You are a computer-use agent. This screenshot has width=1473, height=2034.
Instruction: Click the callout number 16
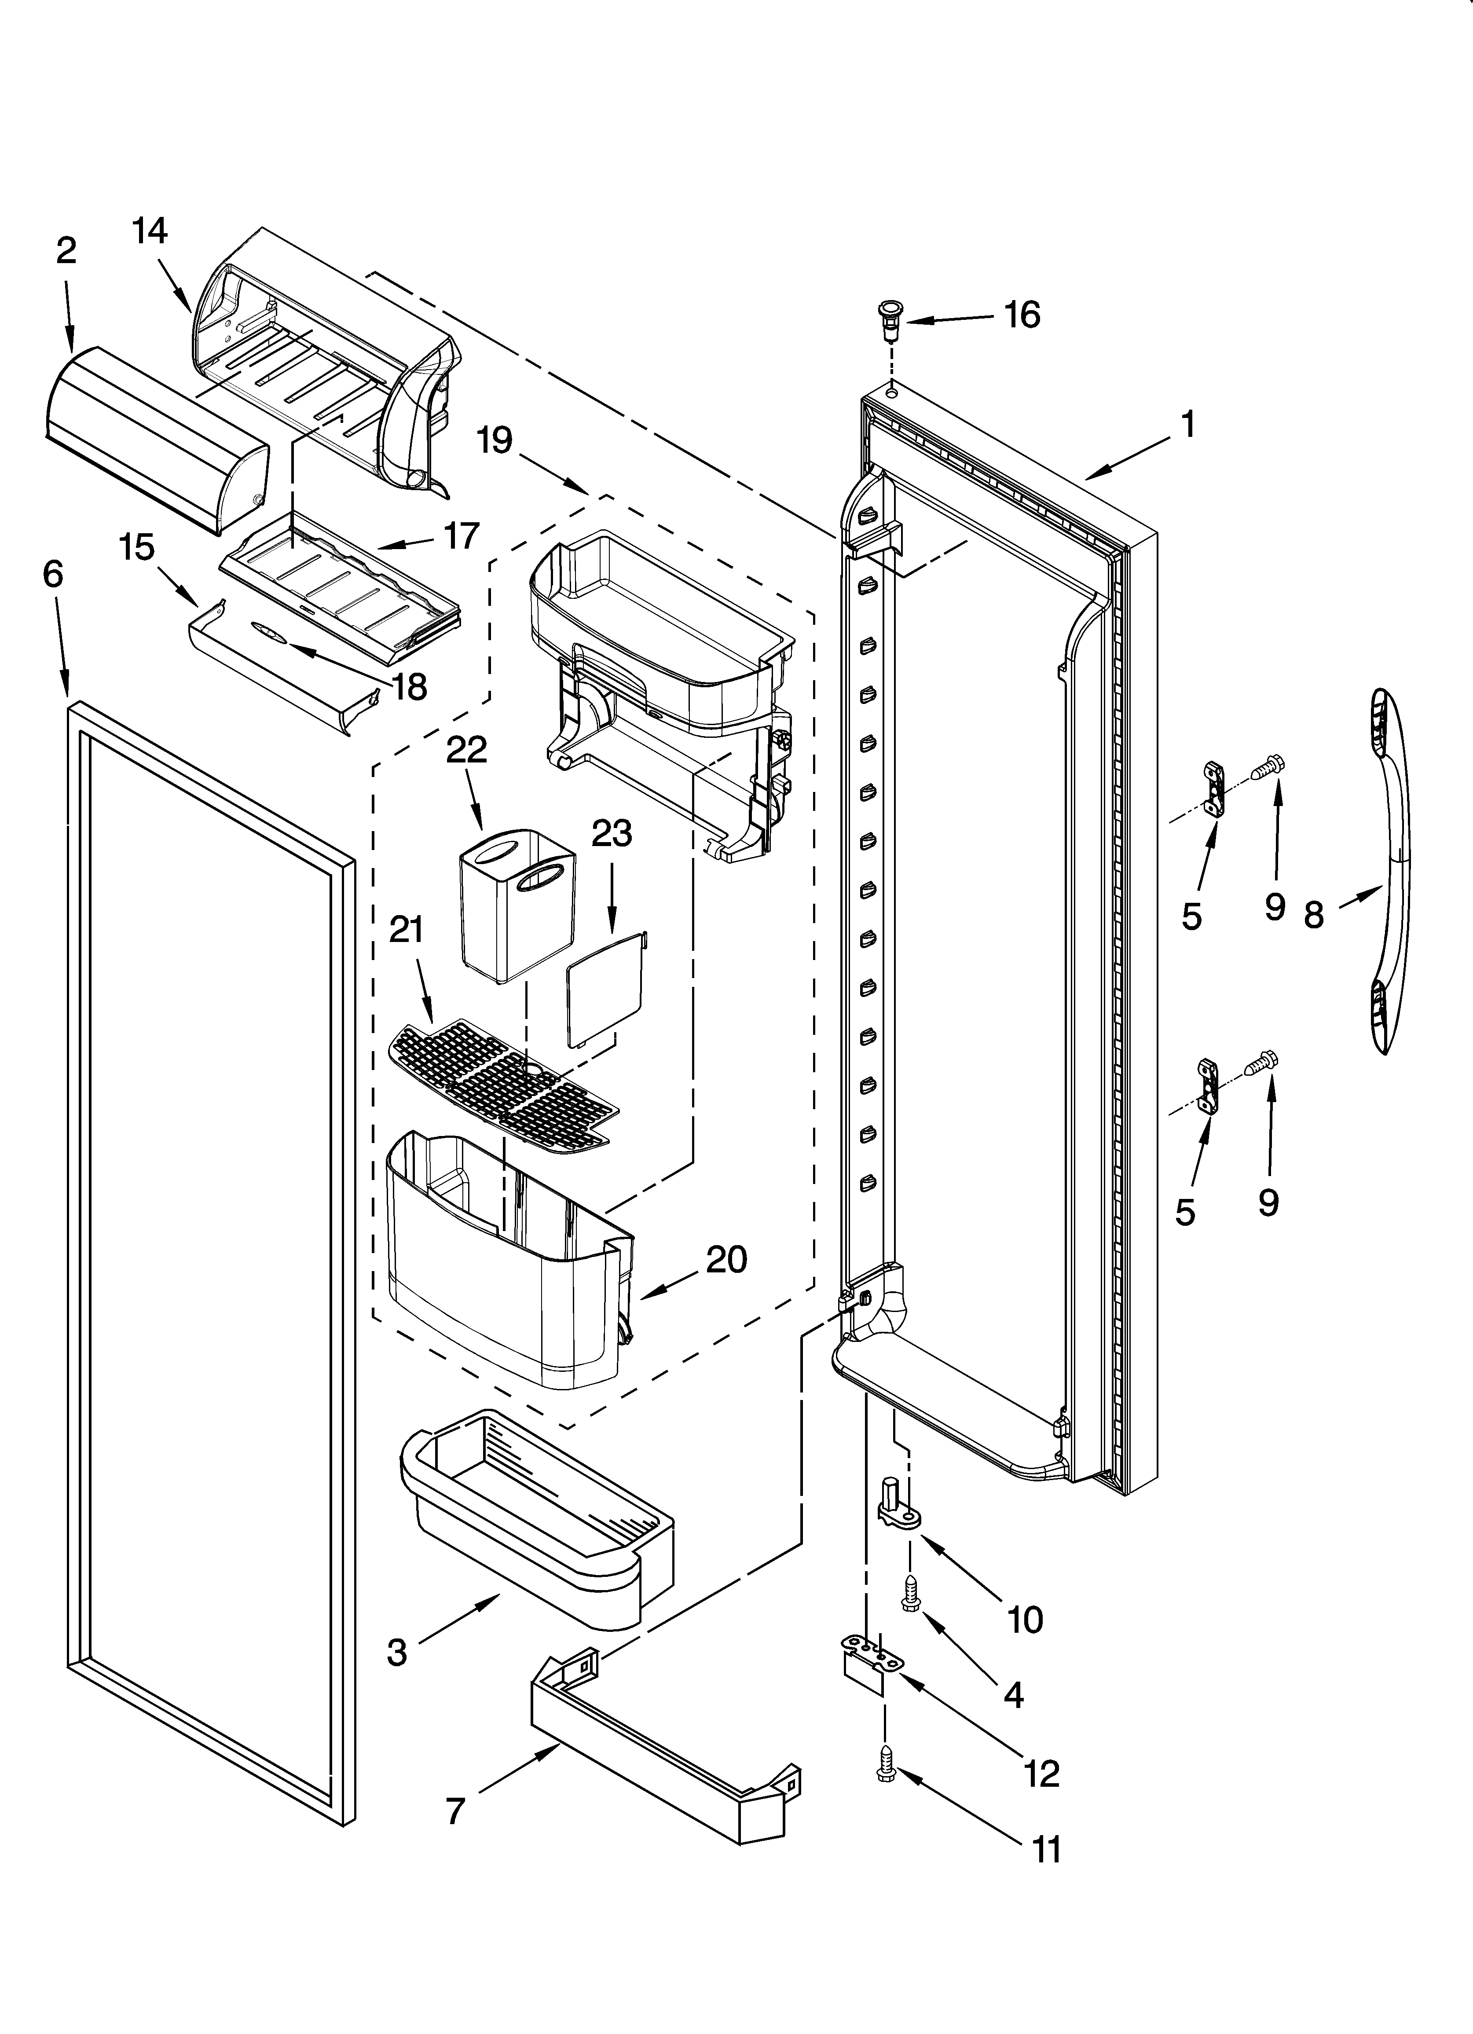pos(1022,315)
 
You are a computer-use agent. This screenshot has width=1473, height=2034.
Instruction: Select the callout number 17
pos(461,536)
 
